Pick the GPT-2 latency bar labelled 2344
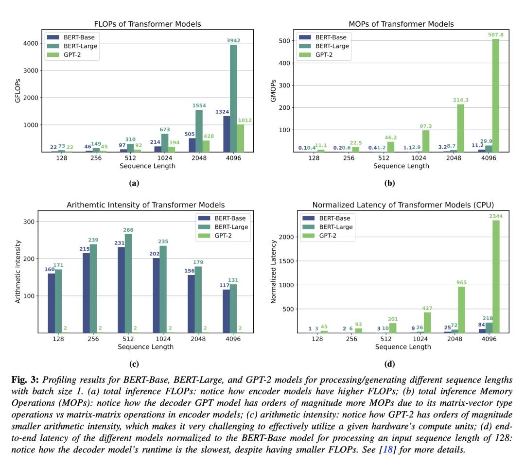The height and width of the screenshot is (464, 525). click(x=496, y=276)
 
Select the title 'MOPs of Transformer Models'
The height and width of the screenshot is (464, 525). click(x=401, y=24)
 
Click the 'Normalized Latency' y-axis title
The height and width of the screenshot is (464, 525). click(x=273, y=272)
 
